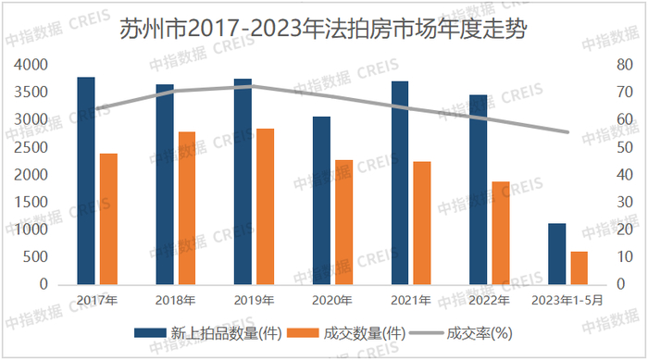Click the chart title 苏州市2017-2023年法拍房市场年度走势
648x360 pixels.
[x=324, y=30]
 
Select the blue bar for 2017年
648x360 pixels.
[x=86, y=181]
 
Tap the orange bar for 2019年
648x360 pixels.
[x=266, y=207]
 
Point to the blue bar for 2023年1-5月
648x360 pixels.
[x=556, y=254]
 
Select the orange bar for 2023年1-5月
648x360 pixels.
[x=579, y=268]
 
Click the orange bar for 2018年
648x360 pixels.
[x=187, y=208]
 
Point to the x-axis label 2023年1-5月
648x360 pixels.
[x=567, y=300]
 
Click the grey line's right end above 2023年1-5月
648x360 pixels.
[x=567, y=132]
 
